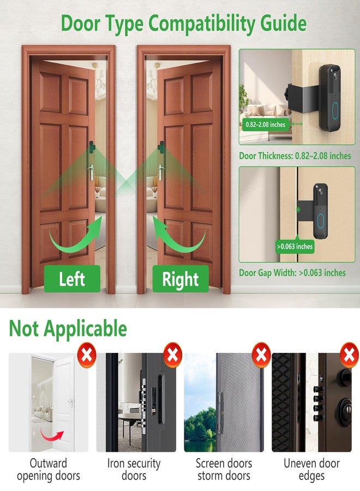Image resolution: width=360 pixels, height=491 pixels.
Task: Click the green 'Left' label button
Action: coord(72,279)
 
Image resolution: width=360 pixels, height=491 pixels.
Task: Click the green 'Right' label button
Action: coord(180,279)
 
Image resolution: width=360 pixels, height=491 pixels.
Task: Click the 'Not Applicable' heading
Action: coord(68,329)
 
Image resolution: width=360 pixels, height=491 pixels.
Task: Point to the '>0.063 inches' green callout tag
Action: coord(295,247)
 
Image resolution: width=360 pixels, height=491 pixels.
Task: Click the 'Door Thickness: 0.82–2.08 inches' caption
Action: coord(295,156)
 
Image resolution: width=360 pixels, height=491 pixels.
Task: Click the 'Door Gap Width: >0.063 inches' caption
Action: coord(292,273)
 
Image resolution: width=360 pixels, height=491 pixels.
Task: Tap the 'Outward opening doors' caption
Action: coord(49,470)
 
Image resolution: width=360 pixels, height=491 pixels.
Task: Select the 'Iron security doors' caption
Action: coord(134,470)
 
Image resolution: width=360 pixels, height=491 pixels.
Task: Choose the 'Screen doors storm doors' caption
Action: coord(224,470)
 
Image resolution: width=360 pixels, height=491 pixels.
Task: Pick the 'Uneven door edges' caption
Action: coord(311,470)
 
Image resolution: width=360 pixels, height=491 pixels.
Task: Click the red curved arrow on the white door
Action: coord(52,434)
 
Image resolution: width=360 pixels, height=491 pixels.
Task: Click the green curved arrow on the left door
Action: coord(73,237)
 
